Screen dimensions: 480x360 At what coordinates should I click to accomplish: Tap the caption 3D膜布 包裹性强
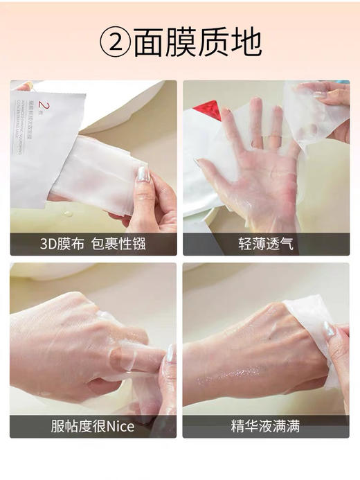tap(93, 244)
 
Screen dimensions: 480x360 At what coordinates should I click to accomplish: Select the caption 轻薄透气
tap(266, 244)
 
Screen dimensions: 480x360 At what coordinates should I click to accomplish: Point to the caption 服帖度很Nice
tap(93, 427)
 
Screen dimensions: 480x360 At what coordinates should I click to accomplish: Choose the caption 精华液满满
tap(266, 427)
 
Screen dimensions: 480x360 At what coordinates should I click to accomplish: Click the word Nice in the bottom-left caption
tap(118, 427)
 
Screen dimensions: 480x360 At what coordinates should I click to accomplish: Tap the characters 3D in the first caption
tap(51, 244)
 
